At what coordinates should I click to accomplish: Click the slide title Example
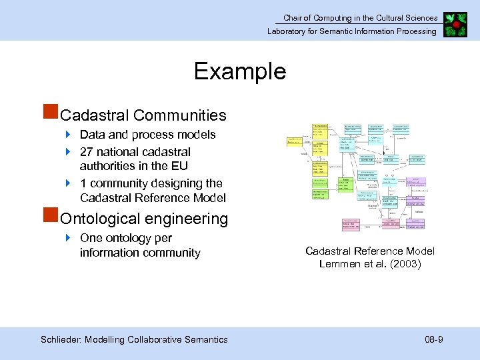240,71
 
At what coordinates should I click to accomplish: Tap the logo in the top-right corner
455,24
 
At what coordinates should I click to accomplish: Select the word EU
179,166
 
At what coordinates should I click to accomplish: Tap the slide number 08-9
434,340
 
